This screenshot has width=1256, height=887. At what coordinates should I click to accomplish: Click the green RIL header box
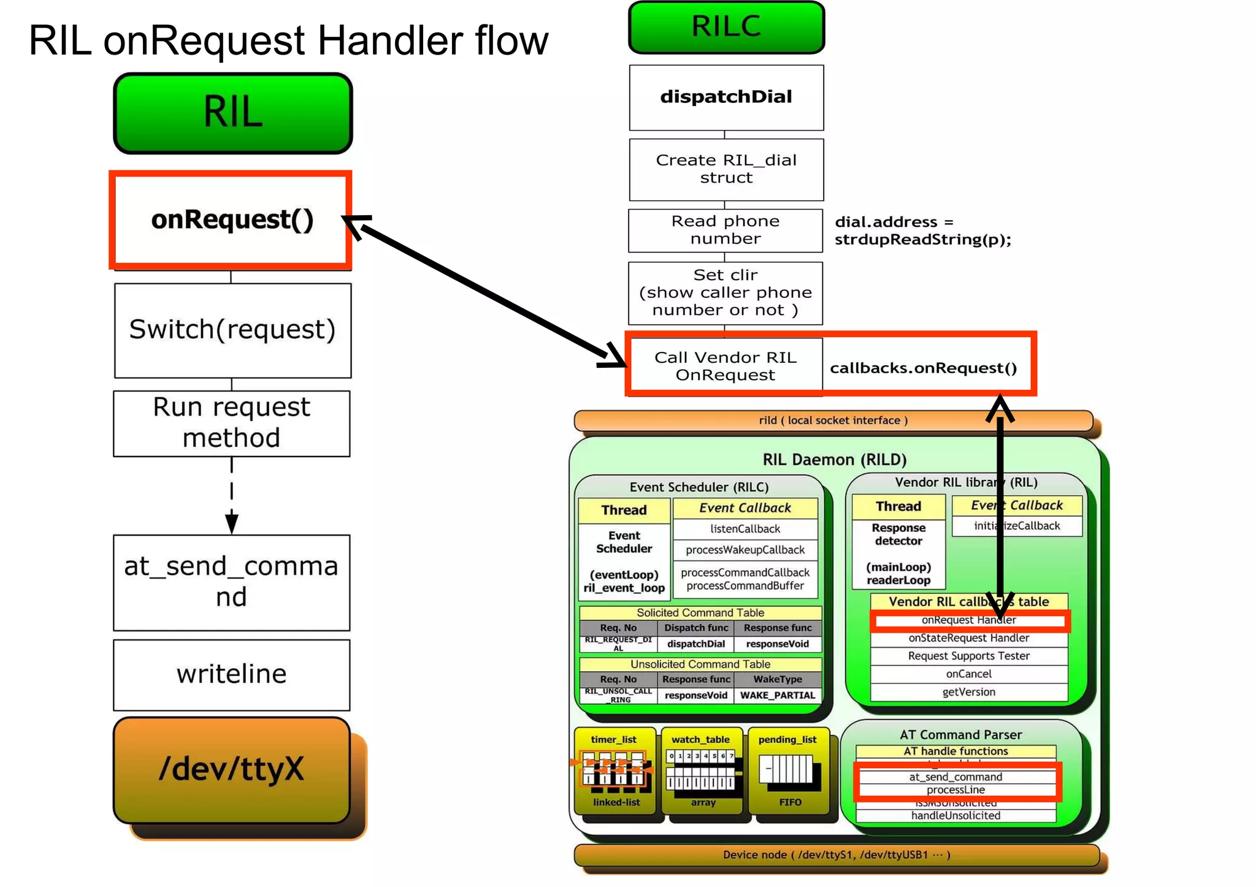click(x=233, y=113)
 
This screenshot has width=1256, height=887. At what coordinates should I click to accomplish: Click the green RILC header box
click(x=726, y=27)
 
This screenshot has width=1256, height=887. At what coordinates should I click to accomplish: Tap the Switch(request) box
click(x=232, y=330)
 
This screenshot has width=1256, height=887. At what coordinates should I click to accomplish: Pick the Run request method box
click(x=232, y=423)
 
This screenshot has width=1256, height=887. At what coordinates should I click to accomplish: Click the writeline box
click(x=232, y=674)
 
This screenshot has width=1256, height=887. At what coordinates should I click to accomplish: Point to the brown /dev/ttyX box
click(x=232, y=769)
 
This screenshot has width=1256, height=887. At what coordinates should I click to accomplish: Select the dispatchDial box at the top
click(x=726, y=97)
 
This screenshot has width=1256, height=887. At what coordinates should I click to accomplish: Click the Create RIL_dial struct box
click(x=726, y=169)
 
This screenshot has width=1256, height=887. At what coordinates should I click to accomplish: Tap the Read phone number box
click(x=726, y=230)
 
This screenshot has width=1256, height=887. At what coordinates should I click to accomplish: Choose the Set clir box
click(x=726, y=293)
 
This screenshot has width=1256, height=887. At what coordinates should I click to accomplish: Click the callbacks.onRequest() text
click(x=923, y=368)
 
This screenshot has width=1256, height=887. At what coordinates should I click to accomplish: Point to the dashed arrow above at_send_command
click(x=231, y=495)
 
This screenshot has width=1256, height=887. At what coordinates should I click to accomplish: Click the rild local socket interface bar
click(x=833, y=421)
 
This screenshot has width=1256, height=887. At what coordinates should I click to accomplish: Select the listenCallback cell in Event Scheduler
click(x=745, y=529)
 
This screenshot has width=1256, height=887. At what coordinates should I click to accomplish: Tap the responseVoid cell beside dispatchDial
click(x=777, y=644)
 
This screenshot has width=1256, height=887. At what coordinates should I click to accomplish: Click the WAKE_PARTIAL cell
click(x=777, y=695)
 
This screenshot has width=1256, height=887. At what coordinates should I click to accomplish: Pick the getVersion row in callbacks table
click(x=968, y=692)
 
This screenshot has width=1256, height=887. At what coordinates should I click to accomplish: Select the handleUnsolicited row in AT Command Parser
click(x=955, y=816)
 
